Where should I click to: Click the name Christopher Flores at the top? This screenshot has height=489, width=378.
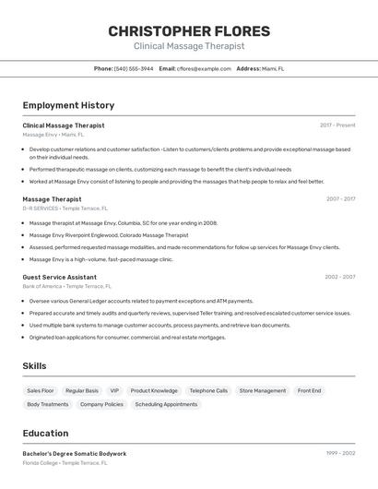189,30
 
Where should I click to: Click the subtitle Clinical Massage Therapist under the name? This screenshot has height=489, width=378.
189,46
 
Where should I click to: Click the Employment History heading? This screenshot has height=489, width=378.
68,105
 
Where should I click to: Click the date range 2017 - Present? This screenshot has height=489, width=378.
337,125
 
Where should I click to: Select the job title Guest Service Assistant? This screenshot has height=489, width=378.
59,277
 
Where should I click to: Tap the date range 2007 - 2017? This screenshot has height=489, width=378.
340,198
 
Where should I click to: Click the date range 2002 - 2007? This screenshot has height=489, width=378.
339,277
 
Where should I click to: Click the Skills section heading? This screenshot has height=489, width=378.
34,366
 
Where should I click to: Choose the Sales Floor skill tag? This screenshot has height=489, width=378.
41,390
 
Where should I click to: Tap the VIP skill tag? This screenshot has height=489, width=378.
114,390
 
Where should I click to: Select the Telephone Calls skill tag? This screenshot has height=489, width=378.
208,390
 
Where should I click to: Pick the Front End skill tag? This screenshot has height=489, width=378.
310,390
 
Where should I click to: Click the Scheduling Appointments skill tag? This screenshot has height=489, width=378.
166,404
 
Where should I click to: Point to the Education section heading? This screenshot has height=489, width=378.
45,433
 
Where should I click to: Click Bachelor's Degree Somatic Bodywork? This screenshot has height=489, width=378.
75,454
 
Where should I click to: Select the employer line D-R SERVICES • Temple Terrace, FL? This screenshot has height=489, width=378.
65,209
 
